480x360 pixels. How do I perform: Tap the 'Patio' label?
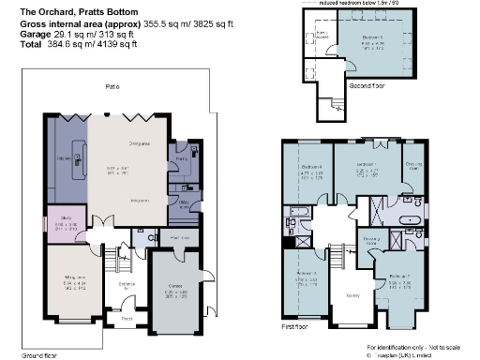(112, 86)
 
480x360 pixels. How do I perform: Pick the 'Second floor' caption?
(367, 86)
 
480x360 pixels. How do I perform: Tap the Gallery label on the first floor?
(328, 294)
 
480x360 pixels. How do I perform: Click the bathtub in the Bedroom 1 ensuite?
(410, 223)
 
